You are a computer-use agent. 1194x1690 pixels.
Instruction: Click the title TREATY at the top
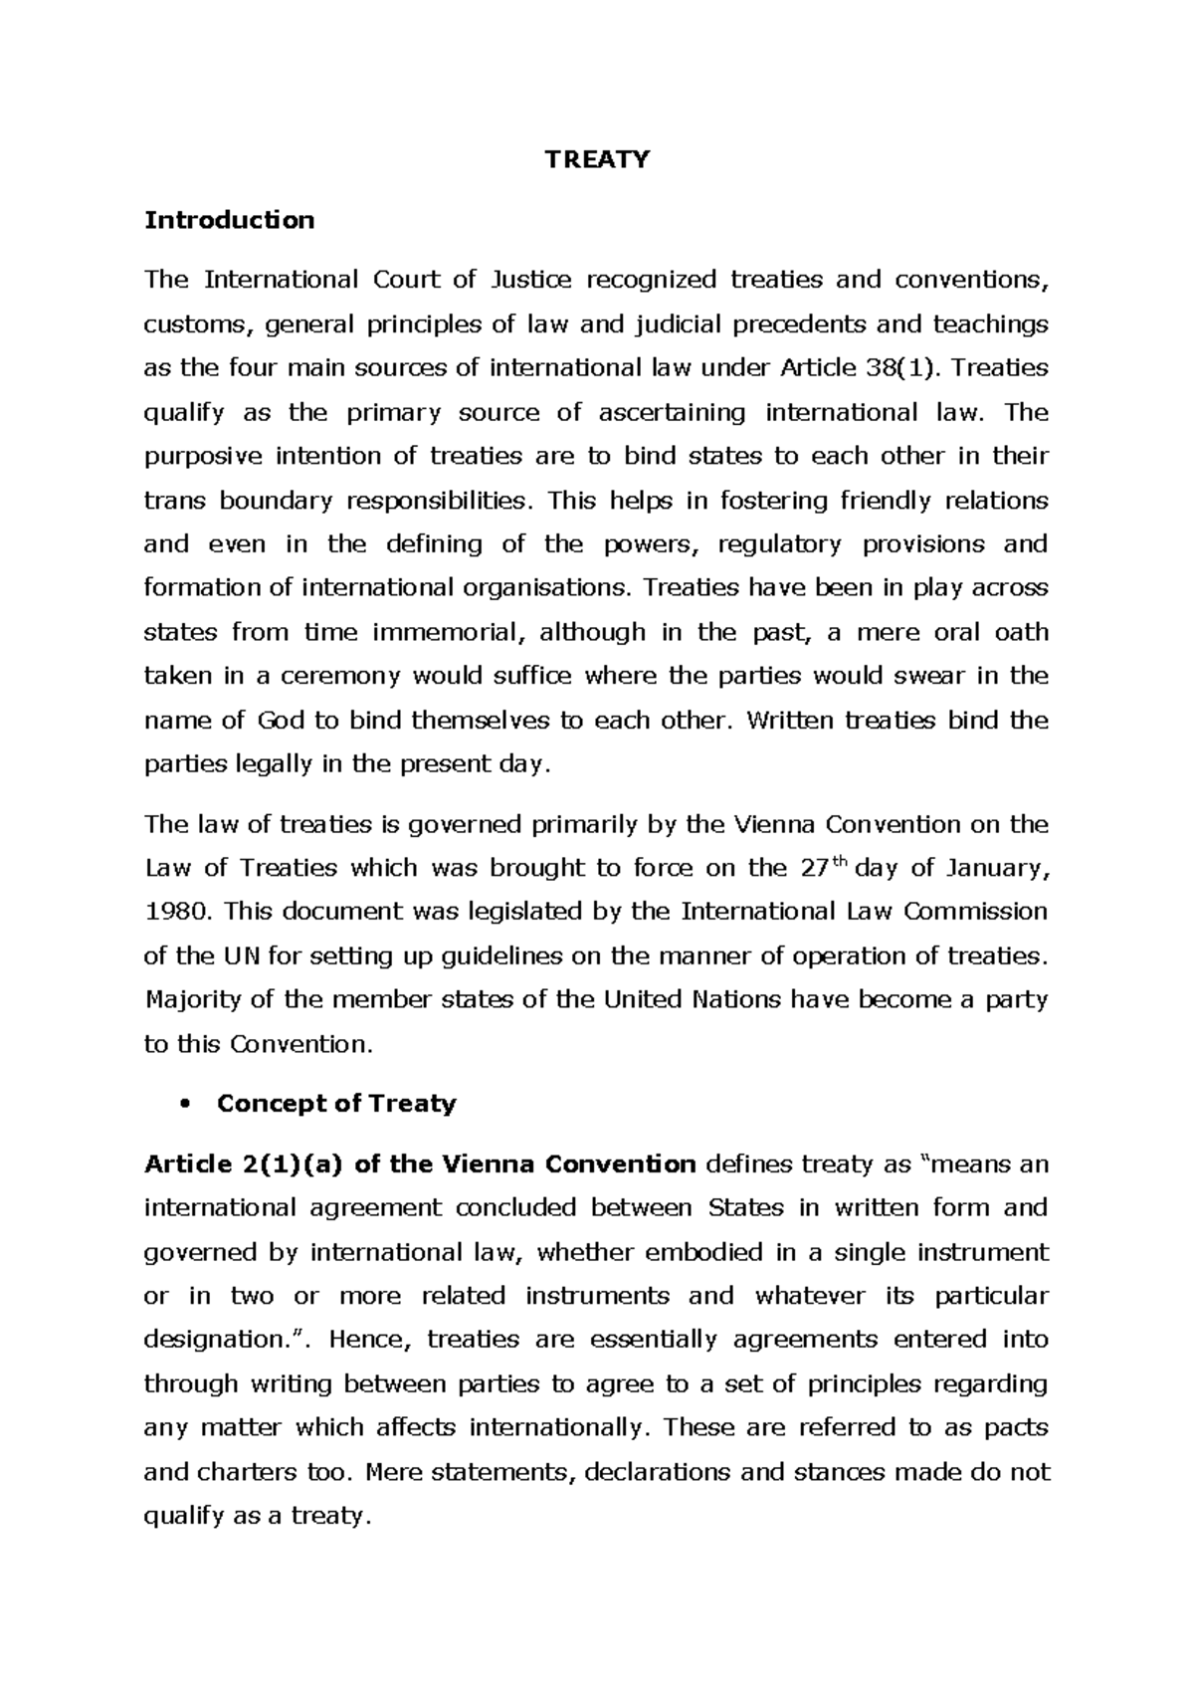click(x=597, y=159)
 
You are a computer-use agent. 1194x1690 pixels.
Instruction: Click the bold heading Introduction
click(x=229, y=220)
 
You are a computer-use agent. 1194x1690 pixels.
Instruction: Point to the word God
click(x=280, y=721)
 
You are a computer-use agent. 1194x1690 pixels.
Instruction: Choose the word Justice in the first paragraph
click(x=531, y=280)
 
